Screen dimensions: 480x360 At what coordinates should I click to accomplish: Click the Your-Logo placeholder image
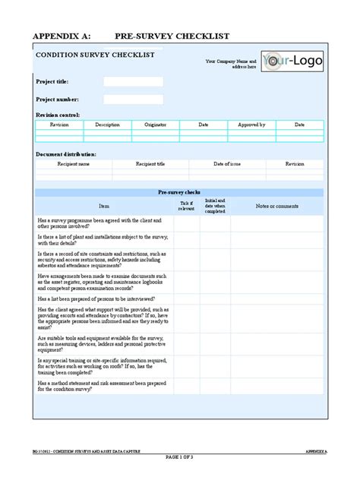pos(292,62)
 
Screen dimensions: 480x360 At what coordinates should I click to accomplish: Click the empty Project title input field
pos(133,81)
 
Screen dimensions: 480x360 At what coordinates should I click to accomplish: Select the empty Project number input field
pos(133,99)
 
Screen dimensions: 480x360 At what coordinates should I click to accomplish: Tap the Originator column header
pos(155,125)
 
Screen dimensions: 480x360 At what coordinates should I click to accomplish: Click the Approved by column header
pos(251,125)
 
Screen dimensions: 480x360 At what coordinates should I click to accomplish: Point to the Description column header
pos(107,125)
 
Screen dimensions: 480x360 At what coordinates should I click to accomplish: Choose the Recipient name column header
pos(74,163)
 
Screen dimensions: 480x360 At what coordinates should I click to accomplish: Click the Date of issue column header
pos(226,163)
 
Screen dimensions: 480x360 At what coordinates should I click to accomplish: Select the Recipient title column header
pos(150,163)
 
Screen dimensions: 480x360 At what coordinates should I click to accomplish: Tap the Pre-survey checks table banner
pos(179,193)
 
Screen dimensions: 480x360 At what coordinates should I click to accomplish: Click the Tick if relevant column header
pos(186,206)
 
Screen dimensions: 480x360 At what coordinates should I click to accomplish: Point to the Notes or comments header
pos(276,206)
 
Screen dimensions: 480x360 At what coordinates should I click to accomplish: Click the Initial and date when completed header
pos(216,206)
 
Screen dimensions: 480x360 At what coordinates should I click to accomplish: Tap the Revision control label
pos(58,115)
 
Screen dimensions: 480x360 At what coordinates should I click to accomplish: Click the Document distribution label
pos(66,153)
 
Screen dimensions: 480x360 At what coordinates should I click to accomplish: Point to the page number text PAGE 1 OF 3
pos(180,457)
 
